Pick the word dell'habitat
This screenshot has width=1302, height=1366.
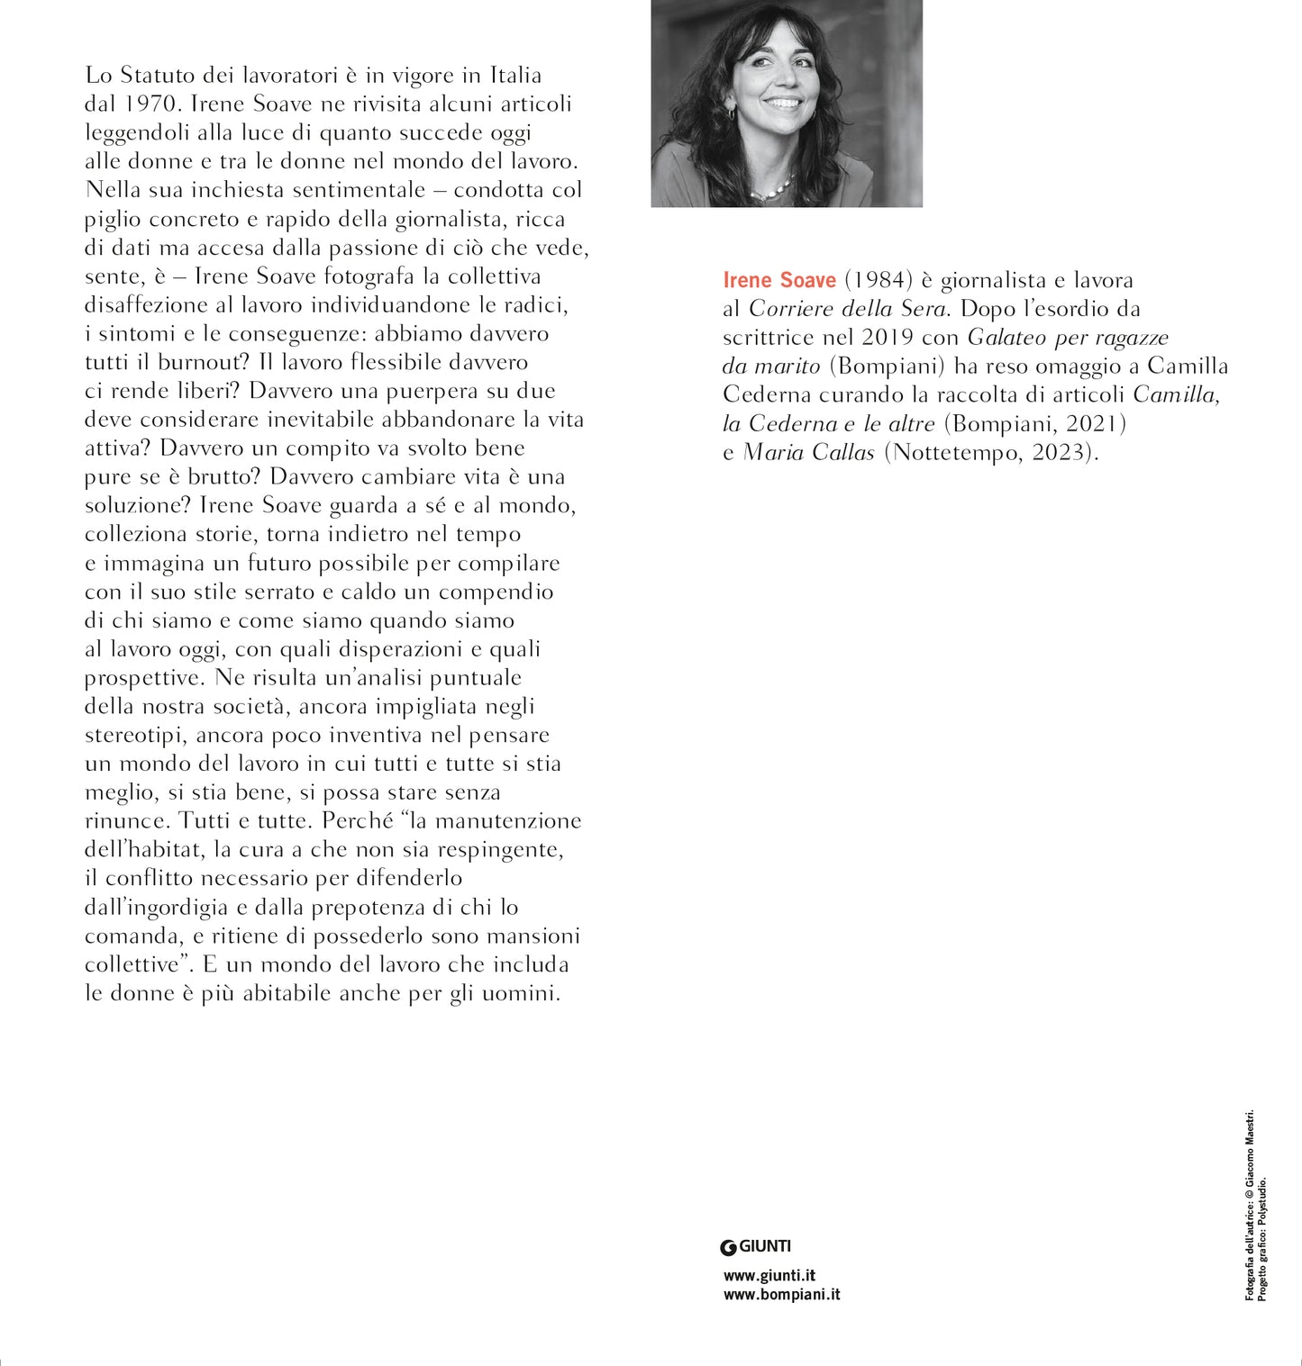pos(145,849)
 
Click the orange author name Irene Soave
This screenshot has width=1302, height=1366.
pos(779,280)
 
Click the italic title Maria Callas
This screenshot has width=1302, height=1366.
pos(808,452)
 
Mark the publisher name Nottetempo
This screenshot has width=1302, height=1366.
pos(954,452)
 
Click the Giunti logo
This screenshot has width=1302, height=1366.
pos(756,1247)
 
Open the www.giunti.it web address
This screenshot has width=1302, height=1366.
pos(769,1276)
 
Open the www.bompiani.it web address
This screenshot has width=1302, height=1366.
pos(781,1295)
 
